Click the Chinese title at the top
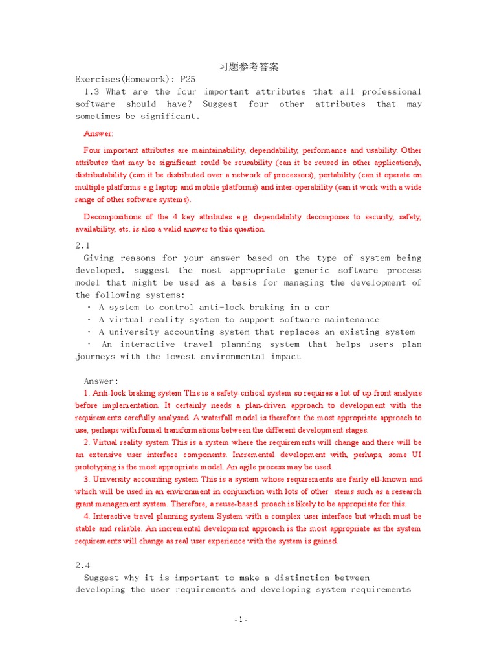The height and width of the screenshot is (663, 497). (x=248, y=67)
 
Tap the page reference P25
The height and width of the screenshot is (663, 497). (x=188, y=79)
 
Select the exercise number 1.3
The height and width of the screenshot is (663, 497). (x=93, y=91)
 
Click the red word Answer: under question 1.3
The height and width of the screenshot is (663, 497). (x=98, y=133)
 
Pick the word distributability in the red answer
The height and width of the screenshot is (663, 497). (x=101, y=175)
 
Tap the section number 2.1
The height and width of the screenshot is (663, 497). (x=83, y=245)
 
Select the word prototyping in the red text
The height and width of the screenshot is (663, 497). (x=97, y=467)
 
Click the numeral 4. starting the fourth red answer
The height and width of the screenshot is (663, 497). (x=87, y=516)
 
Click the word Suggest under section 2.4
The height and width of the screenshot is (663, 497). (x=103, y=578)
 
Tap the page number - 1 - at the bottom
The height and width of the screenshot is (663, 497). (x=241, y=620)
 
